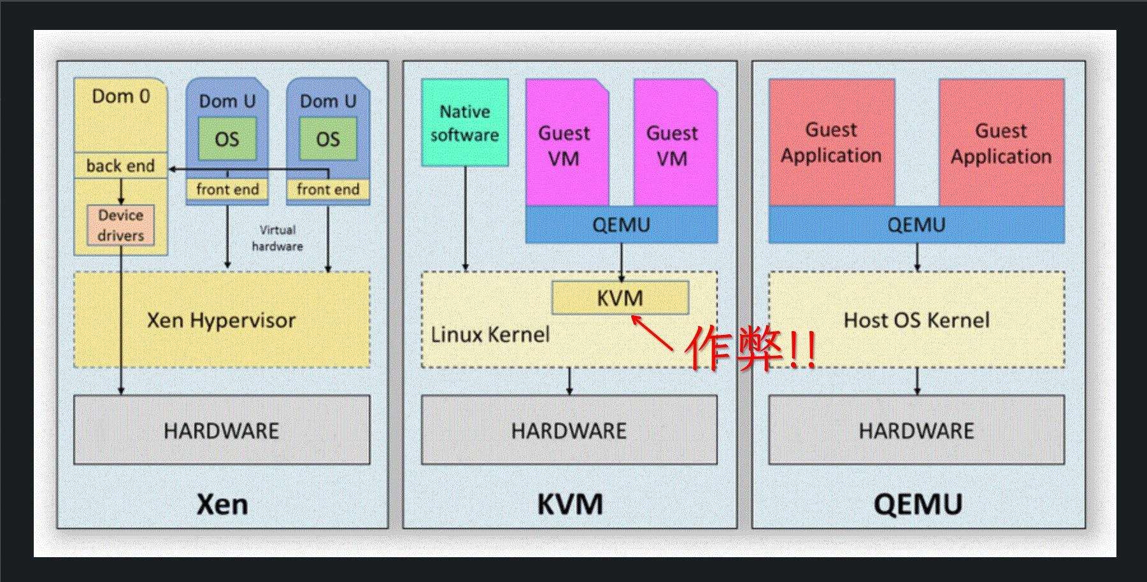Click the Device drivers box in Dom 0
pyautogui.click(x=120, y=225)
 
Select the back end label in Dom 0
pyautogui.click(x=120, y=166)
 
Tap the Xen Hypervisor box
pyautogui.click(x=222, y=320)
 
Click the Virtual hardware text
pyautogui.click(x=277, y=238)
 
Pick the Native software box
pyautogui.click(x=465, y=123)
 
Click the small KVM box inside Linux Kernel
pyautogui.click(x=620, y=298)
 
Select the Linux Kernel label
pyautogui.click(x=490, y=334)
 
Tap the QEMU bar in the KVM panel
pyautogui.click(x=621, y=225)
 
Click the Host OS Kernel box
pyautogui.click(x=916, y=320)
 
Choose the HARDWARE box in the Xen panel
pyautogui.click(x=222, y=430)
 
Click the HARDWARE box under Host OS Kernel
pyautogui.click(x=916, y=430)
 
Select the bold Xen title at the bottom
pyautogui.click(x=222, y=504)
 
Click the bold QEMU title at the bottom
pyautogui.click(x=917, y=504)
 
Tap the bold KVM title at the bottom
pyautogui.click(x=569, y=504)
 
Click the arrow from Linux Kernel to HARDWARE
pyautogui.click(x=569, y=381)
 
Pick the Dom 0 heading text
pyautogui.click(x=120, y=96)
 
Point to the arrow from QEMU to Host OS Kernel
pyautogui.click(x=917, y=257)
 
